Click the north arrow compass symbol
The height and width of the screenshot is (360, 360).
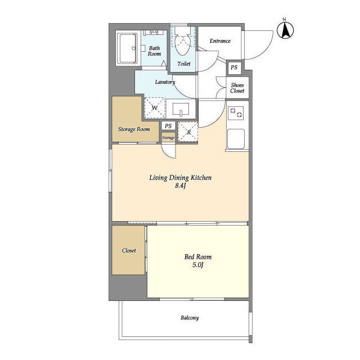point(285,30)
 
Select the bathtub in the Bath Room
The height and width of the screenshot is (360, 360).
point(127,48)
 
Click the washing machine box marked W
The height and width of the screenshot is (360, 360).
point(155,107)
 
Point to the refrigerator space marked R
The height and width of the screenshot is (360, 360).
point(188,132)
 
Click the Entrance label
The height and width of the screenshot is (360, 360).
point(220,41)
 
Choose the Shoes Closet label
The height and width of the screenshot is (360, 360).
point(237,88)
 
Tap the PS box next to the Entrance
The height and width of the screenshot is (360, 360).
point(234,67)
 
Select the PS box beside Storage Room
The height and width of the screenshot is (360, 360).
point(168,126)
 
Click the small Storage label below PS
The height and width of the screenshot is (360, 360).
point(168,137)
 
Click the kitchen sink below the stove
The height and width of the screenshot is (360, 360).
point(236,139)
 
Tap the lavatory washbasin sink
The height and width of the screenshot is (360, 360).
point(181,109)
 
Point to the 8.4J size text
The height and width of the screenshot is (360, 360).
point(181,186)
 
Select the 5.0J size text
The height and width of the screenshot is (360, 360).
point(198,265)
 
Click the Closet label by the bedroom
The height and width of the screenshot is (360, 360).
point(129,250)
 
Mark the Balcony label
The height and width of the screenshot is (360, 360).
point(190,318)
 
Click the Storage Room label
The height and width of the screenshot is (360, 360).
point(134,129)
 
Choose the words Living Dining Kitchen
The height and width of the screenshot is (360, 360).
point(181,178)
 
